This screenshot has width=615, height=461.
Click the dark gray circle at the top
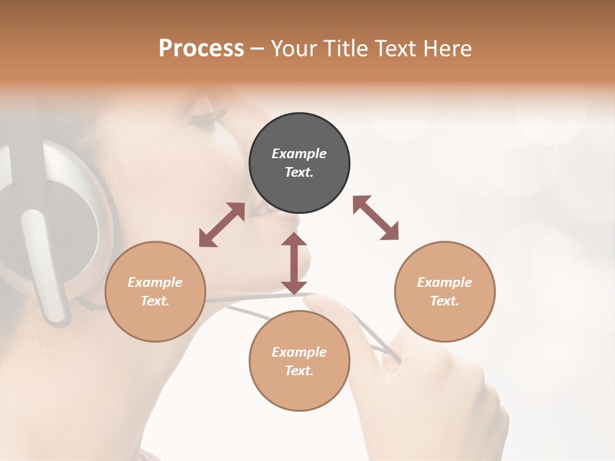299,163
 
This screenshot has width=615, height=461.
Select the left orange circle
155,291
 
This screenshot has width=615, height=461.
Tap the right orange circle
445,291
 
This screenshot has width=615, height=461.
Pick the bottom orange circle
299,361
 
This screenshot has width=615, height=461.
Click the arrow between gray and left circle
222,225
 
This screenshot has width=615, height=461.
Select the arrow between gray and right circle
376,218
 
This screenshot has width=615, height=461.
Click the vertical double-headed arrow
294,263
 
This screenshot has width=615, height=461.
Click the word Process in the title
201,49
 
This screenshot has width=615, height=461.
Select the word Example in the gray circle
299,154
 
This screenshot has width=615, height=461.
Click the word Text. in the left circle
155,301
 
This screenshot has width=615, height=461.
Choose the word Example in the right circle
445,282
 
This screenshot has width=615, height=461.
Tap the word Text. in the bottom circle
299,371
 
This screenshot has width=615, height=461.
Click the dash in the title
257,49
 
